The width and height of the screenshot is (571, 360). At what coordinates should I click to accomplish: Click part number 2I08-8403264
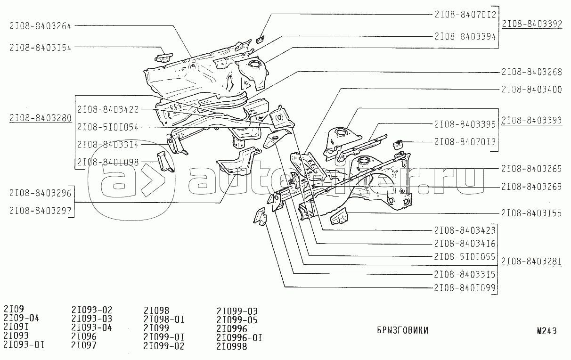point(40,26)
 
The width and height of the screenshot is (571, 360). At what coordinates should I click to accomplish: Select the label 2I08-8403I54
point(40,47)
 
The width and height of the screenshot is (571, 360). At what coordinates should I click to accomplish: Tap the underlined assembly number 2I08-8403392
point(532,25)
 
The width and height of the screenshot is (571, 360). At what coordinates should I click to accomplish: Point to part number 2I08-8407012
point(465,14)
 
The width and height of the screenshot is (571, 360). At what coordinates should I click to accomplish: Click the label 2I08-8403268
point(531,72)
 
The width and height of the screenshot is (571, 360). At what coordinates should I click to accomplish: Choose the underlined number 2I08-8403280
point(40,117)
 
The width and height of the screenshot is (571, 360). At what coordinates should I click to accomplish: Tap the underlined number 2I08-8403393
point(532,120)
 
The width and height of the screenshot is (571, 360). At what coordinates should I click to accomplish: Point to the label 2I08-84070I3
point(465,141)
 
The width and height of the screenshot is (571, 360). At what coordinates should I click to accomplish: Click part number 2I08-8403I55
point(531,213)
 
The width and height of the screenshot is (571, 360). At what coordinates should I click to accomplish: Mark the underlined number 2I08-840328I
point(532,261)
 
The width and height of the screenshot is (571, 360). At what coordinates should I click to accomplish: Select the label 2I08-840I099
point(465,287)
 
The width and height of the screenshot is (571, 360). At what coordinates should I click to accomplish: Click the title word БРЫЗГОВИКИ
point(402,330)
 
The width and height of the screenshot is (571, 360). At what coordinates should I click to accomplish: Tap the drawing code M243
point(547,330)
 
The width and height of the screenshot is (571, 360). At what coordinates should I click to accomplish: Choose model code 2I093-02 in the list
point(92,310)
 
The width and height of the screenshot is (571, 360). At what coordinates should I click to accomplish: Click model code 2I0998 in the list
point(232,346)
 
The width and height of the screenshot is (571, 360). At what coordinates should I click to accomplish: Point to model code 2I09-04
point(21,318)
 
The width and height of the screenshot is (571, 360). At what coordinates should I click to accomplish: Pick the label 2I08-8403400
point(531,89)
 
